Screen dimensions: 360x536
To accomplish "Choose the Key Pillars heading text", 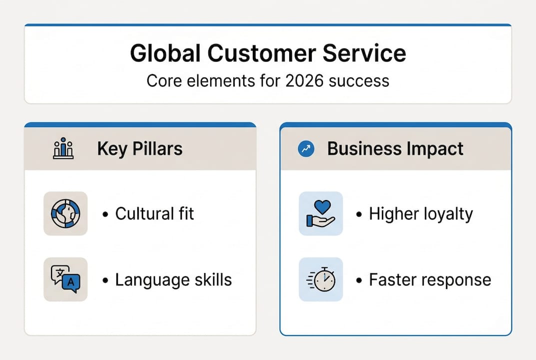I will coord(140,148).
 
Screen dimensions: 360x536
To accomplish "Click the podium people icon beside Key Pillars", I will coord(63,149).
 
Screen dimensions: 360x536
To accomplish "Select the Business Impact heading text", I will coord(395,148).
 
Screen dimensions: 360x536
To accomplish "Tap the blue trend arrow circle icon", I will coord(306,148).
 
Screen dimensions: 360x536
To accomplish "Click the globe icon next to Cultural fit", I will coord(65,213).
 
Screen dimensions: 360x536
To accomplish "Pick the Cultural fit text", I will coord(154,214).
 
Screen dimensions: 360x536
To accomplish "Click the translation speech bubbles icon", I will coord(65,279).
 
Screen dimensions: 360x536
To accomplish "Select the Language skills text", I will coord(173,279).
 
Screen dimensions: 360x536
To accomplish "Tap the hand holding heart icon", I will coord(321,213).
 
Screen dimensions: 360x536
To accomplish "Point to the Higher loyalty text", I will coord(421,214).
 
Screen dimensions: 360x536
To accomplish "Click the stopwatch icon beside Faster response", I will coord(321,279).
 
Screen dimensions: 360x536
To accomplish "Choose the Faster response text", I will coord(430,279).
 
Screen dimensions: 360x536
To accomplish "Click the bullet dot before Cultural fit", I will coord(105,214).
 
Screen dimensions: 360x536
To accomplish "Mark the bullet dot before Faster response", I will coord(359,280).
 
